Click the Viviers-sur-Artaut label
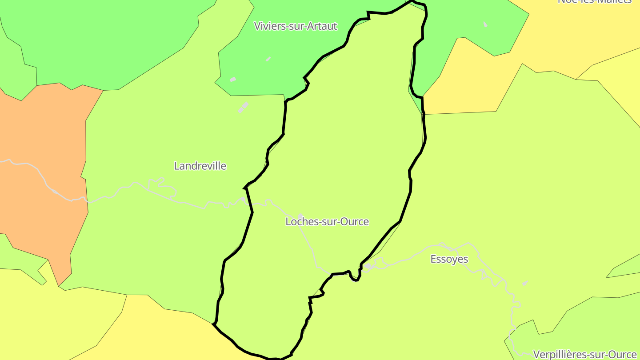point(296,26)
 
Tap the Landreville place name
point(200,166)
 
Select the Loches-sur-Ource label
point(327,221)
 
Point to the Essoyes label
point(449,259)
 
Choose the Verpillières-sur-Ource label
point(584,355)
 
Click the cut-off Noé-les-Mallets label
point(594,1)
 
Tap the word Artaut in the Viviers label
point(324,26)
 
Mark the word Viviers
point(267,26)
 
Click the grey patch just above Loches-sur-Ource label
point(300,216)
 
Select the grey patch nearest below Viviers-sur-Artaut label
point(268,59)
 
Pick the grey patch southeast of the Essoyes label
point(525,283)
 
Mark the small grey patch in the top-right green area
point(485,24)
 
